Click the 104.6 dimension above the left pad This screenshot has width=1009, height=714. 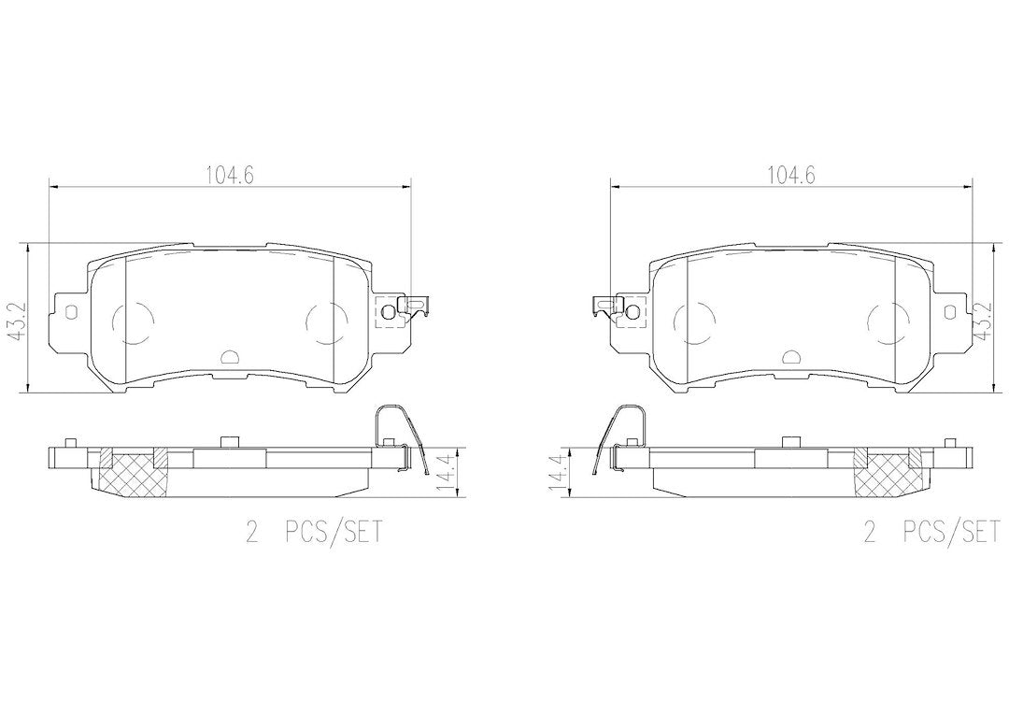[230, 175]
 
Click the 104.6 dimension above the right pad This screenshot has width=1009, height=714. [791, 175]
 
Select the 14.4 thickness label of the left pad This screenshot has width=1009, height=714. [444, 473]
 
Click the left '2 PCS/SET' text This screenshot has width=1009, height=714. [314, 533]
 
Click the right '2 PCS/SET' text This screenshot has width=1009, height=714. [935, 533]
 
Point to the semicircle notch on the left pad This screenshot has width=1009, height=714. [229, 357]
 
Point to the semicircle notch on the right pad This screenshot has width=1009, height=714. [790, 357]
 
